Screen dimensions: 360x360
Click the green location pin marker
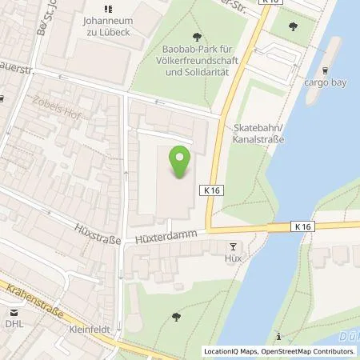point(179,160)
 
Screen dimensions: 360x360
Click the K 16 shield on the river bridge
point(303,227)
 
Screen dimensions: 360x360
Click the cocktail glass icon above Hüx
point(234,247)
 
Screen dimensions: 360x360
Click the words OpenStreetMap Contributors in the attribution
point(311,351)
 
